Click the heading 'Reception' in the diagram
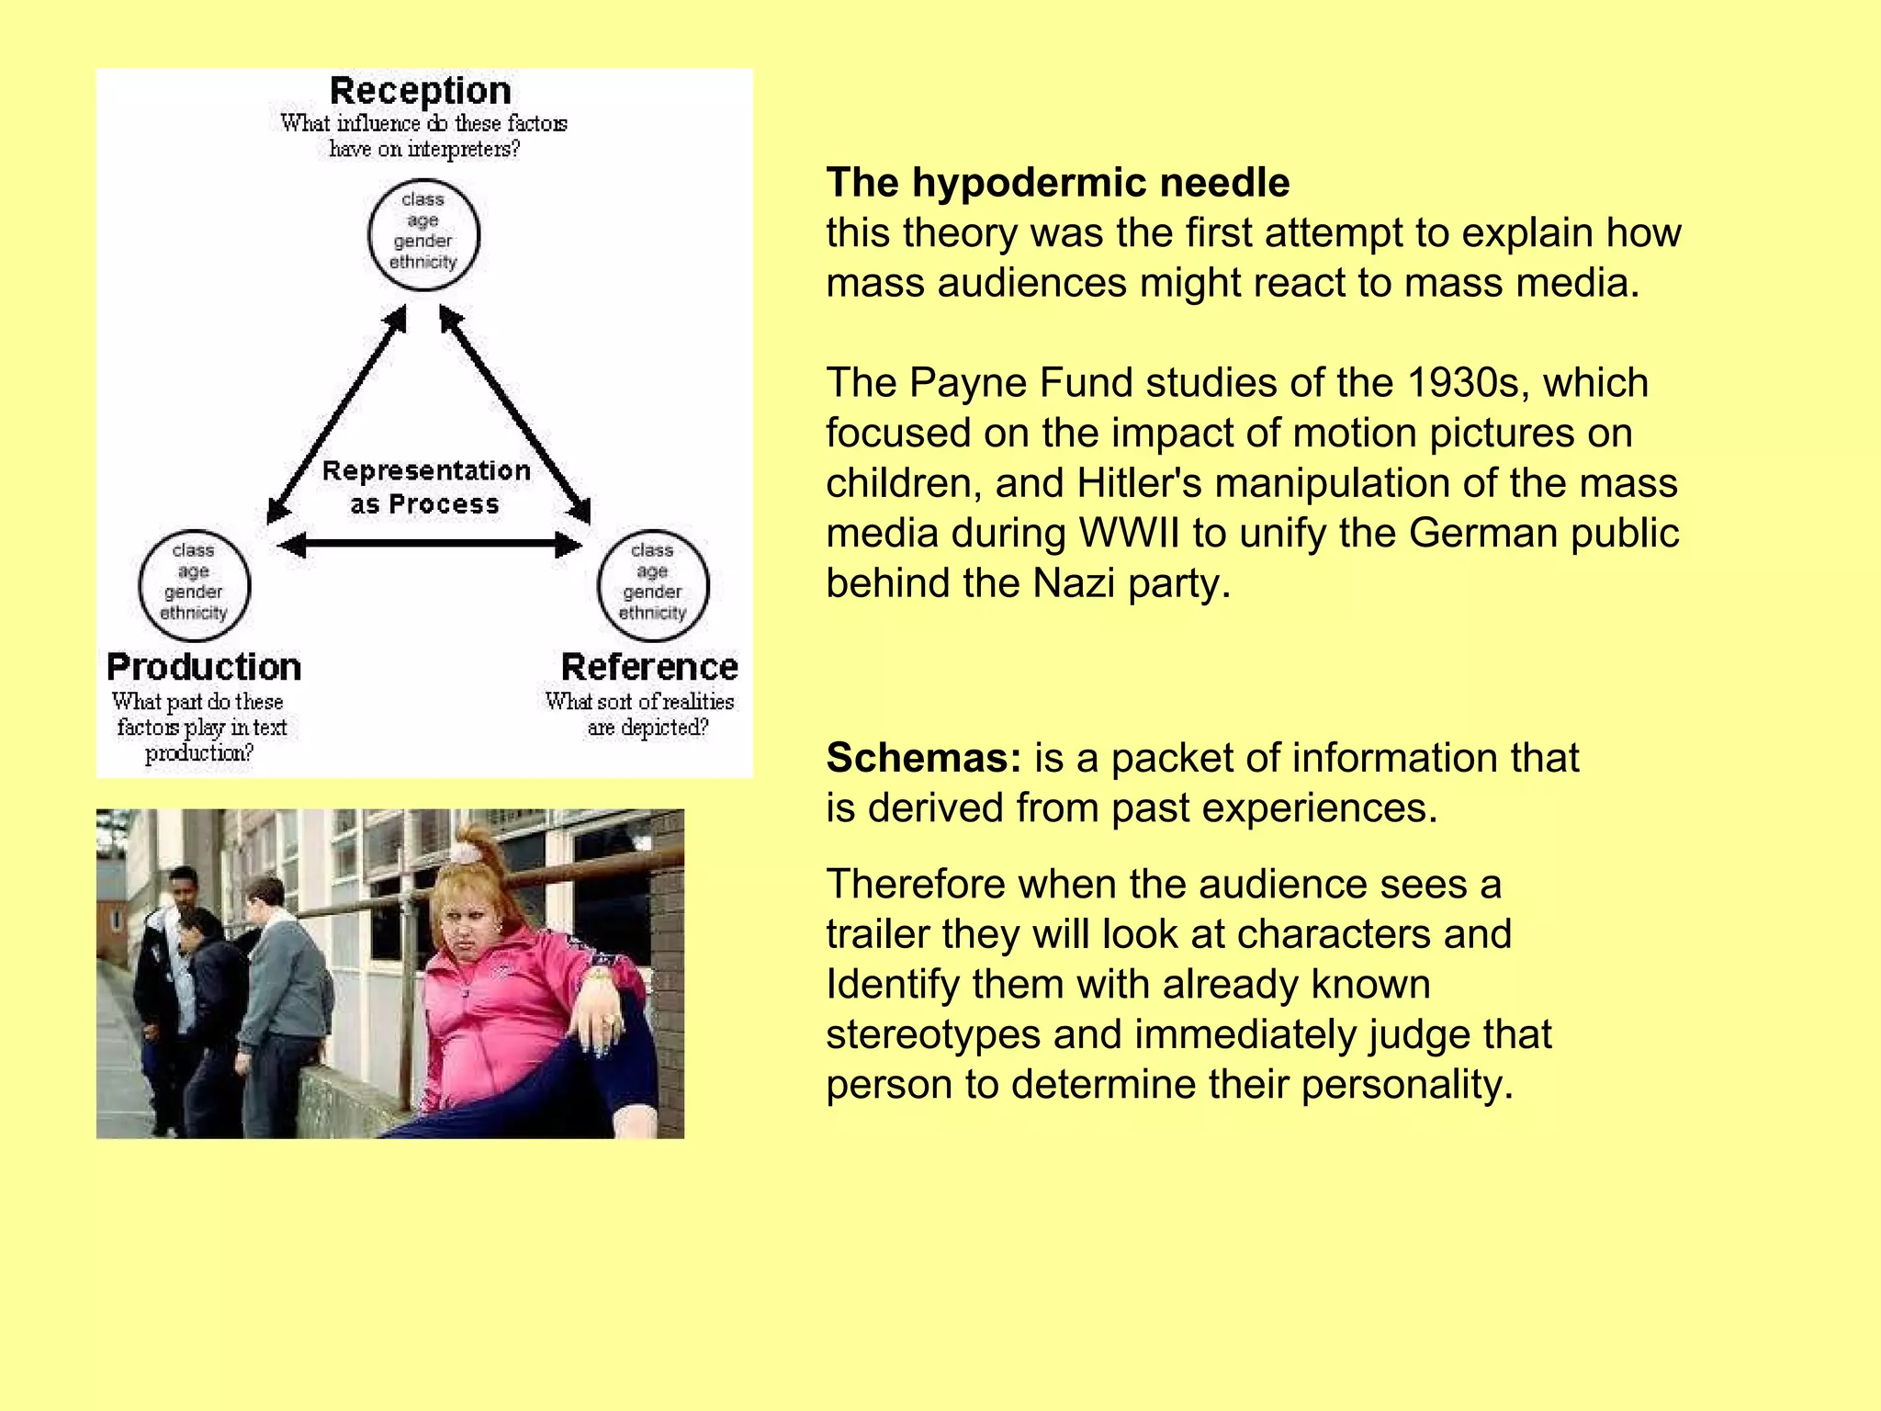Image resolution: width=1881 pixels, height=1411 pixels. [421, 91]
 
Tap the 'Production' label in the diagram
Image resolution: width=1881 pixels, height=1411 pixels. [204, 667]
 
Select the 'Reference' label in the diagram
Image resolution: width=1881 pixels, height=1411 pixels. [649, 667]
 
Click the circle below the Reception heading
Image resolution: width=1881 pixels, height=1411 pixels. [423, 235]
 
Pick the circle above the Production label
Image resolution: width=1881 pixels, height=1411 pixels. [194, 585]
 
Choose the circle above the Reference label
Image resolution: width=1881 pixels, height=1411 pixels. [653, 585]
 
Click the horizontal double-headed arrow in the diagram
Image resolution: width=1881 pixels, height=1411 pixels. [429, 546]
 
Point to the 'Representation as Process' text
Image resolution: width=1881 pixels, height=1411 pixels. [426, 487]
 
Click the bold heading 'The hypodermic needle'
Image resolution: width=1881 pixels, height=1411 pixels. [1058, 183]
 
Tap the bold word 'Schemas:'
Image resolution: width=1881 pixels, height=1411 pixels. [923, 759]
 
